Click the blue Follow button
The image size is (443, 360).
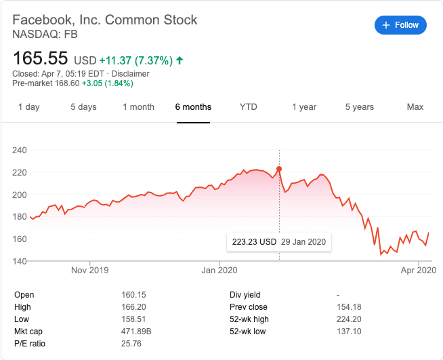(x=400, y=25)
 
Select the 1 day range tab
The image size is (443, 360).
(x=28, y=107)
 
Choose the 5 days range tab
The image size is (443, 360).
(x=83, y=107)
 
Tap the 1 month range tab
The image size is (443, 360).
(x=138, y=107)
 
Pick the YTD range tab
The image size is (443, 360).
(x=248, y=107)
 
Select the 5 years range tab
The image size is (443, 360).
(x=359, y=107)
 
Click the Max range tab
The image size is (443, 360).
(x=415, y=107)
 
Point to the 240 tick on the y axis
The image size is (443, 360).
(x=20, y=151)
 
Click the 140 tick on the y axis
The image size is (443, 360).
(x=20, y=261)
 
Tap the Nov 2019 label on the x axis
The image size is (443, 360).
(x=89, y=270)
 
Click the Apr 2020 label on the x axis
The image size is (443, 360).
(x=417, y=270)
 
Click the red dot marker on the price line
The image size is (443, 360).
(x=279, y=169)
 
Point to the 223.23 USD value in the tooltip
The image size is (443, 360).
(x=255, y=242)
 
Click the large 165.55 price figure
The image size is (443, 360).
(x=40, y=59)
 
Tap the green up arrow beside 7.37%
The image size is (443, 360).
(x=180, y=60)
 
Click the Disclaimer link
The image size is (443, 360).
(x=131, y=74)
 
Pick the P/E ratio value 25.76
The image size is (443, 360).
(x=129, y=344)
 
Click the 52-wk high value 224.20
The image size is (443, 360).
(x=350, y=319)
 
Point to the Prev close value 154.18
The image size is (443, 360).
(x=350, y=307)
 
